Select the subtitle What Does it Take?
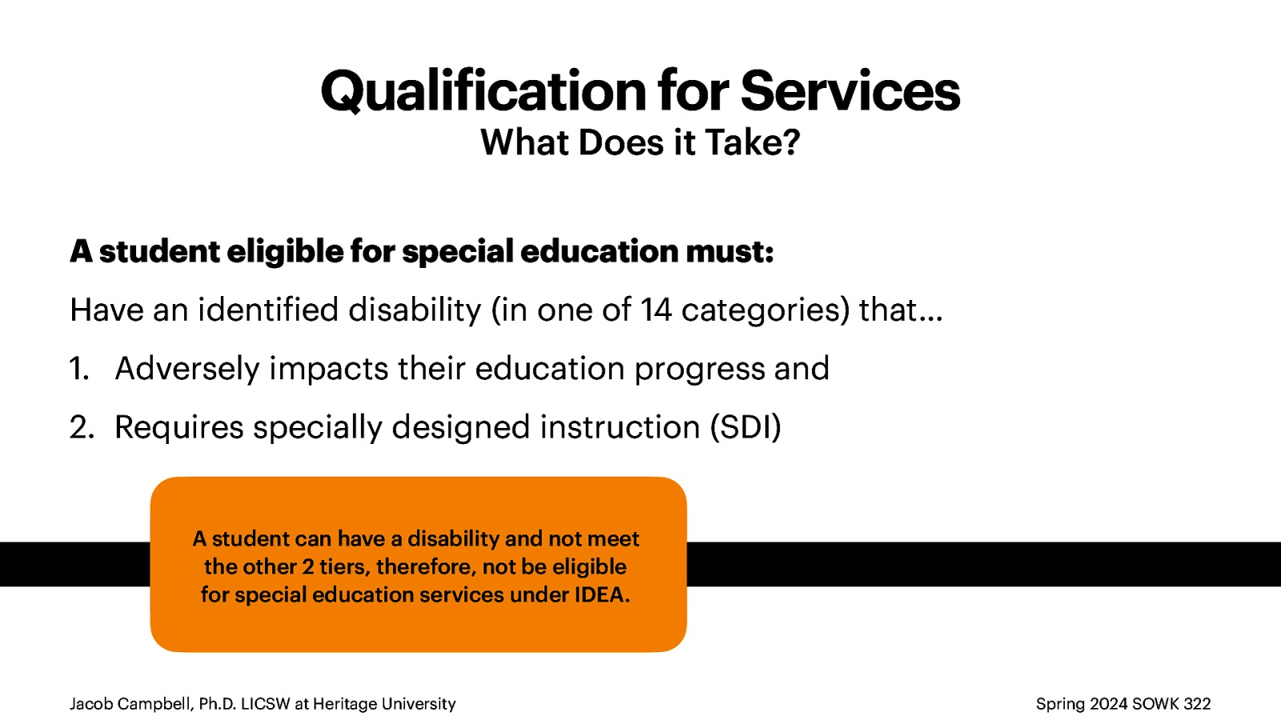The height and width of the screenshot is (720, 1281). (x=640, y=143)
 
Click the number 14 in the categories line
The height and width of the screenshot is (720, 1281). (x=656, y=310)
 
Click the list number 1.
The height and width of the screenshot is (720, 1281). (x=78, y=369)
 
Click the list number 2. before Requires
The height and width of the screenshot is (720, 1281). (x=81, y=428)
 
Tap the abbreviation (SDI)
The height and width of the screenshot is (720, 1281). (x=745, y=427)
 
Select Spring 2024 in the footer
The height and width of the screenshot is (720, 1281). (x=1081, y=704)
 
